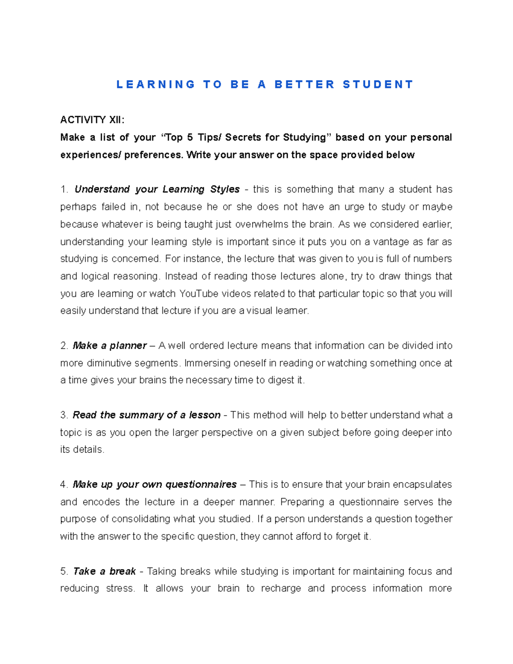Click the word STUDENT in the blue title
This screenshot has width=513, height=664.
pos(378,84)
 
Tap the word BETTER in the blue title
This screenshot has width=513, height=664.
pos(304,84)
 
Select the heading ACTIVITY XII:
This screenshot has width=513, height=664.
pos(92,120)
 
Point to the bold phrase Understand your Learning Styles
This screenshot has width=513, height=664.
pos(157,189)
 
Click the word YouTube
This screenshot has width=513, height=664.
pos(199,294)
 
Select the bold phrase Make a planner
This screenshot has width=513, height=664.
pos(110,345)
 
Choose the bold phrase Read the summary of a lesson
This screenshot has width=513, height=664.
pos(147,415)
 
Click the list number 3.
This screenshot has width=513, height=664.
pos(64,415)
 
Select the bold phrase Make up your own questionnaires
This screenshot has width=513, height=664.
pos(155,484)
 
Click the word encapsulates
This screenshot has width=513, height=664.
pos(422,484)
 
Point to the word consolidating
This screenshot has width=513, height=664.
pos(141,519)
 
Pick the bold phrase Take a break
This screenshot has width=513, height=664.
pos(104,571)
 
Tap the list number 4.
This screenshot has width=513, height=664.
pos(64,484)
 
